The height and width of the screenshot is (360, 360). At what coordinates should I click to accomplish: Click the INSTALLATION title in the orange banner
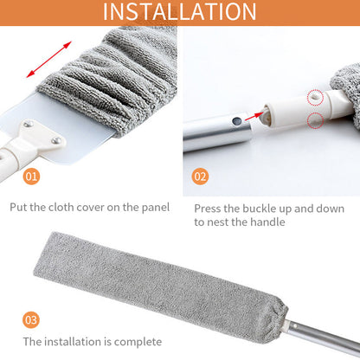tap(179, 13)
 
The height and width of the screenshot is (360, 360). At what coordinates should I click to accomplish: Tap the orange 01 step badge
tap(31, 177)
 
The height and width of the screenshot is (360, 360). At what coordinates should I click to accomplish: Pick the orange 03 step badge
tap(31, 320)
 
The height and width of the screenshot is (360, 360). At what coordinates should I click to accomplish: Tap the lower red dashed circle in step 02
tap(315, 122)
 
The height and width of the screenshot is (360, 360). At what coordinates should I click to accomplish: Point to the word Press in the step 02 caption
tap(209, 209)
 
